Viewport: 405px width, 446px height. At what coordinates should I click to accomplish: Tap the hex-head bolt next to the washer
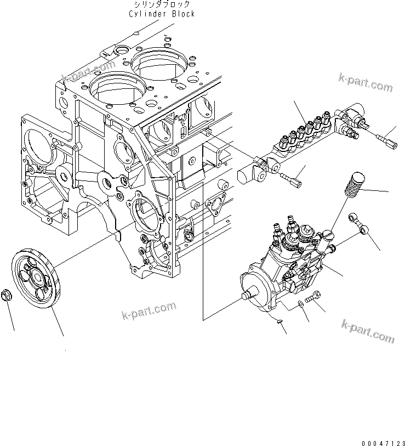[x=314, y=298]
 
